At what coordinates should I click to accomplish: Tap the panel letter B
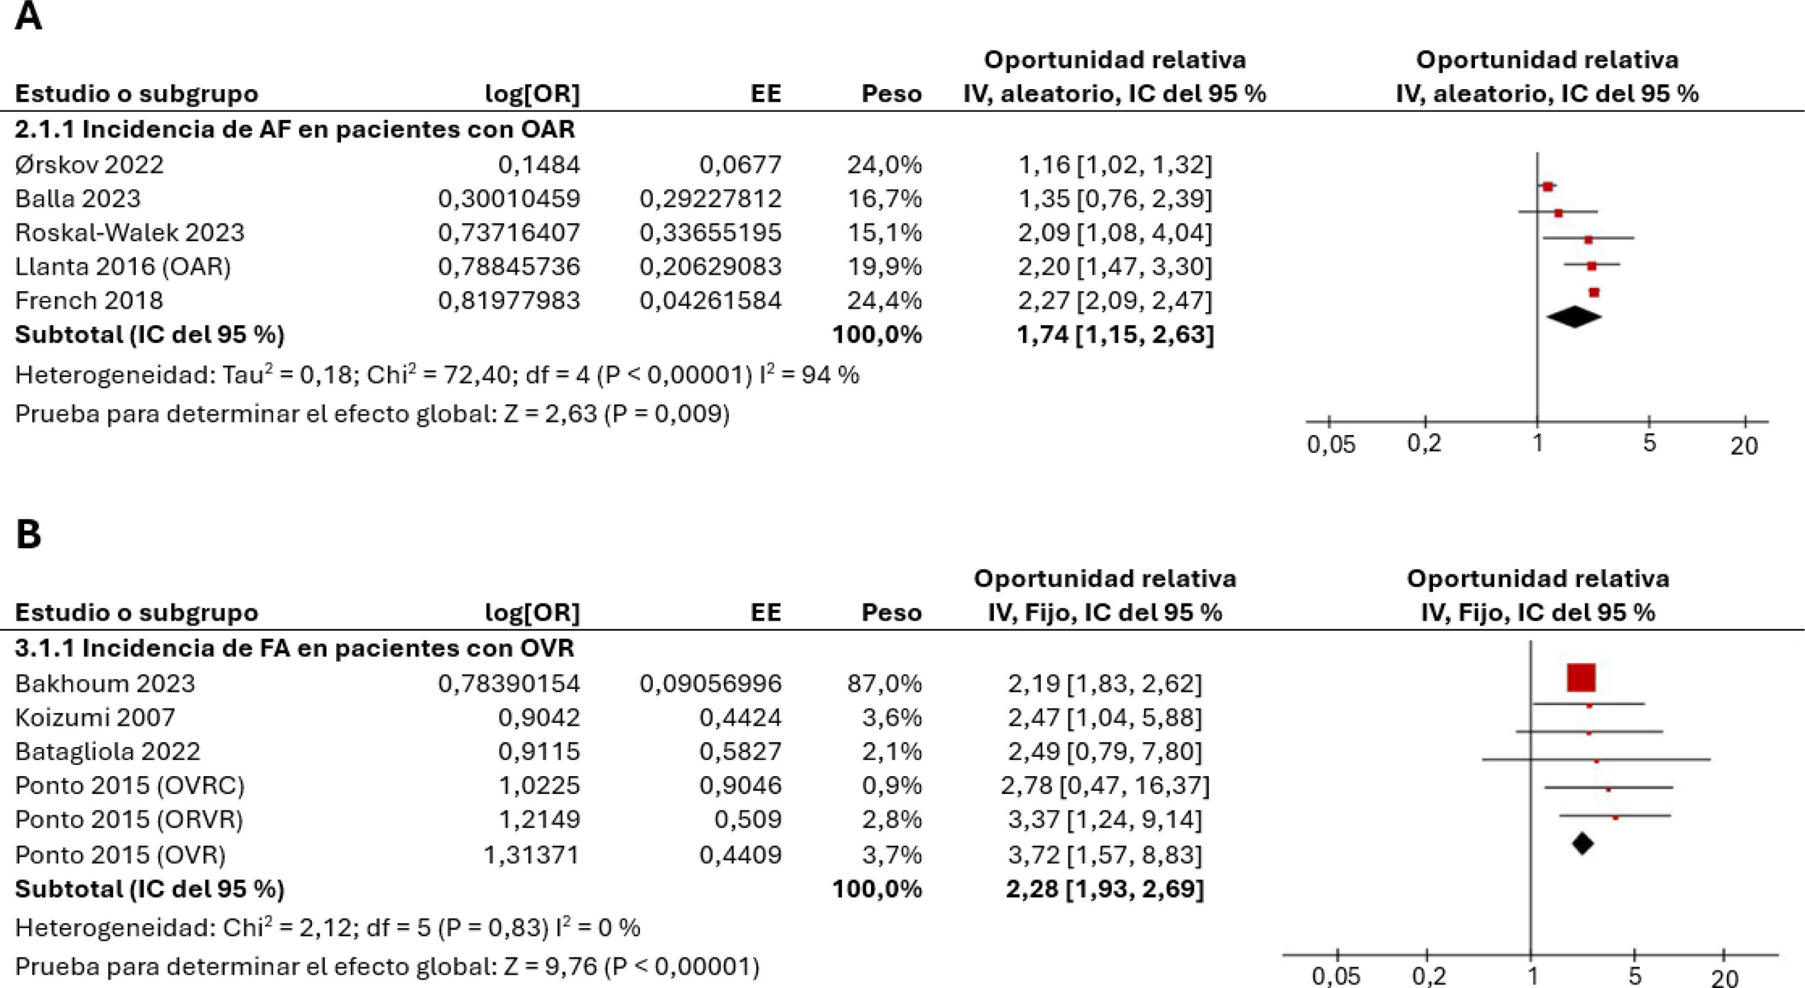[x=28, y=534]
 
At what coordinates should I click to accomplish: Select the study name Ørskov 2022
[x=89, y=164]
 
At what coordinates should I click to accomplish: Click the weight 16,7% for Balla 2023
[x=884, y=199]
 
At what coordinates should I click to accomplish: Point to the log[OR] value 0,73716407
[x=509, y=233]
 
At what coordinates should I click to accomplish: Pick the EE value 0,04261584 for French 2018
[x=710, y=300]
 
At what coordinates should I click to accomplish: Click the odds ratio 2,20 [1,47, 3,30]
[x=1115, y=267]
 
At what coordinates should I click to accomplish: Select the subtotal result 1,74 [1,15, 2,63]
[x=1115, y=335]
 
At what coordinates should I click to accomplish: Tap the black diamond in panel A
[x=1574, y=318]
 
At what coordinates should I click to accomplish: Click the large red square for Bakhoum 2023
[x=1581, y=677]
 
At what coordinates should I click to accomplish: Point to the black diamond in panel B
[x=1582, y=843]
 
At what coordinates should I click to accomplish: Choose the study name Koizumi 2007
[x=95, y=717]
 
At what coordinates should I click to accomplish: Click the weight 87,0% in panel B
[x=884, y=684]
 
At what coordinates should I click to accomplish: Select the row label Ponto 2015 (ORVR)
[x=129, y=820]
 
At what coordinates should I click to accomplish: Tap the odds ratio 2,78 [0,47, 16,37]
[x=1105, y=786]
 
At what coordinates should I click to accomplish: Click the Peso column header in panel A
[x=891, y=94]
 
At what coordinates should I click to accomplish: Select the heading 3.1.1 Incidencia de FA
[x=294, y=648]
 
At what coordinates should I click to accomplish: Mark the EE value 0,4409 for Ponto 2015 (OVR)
[x=740, y=855]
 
